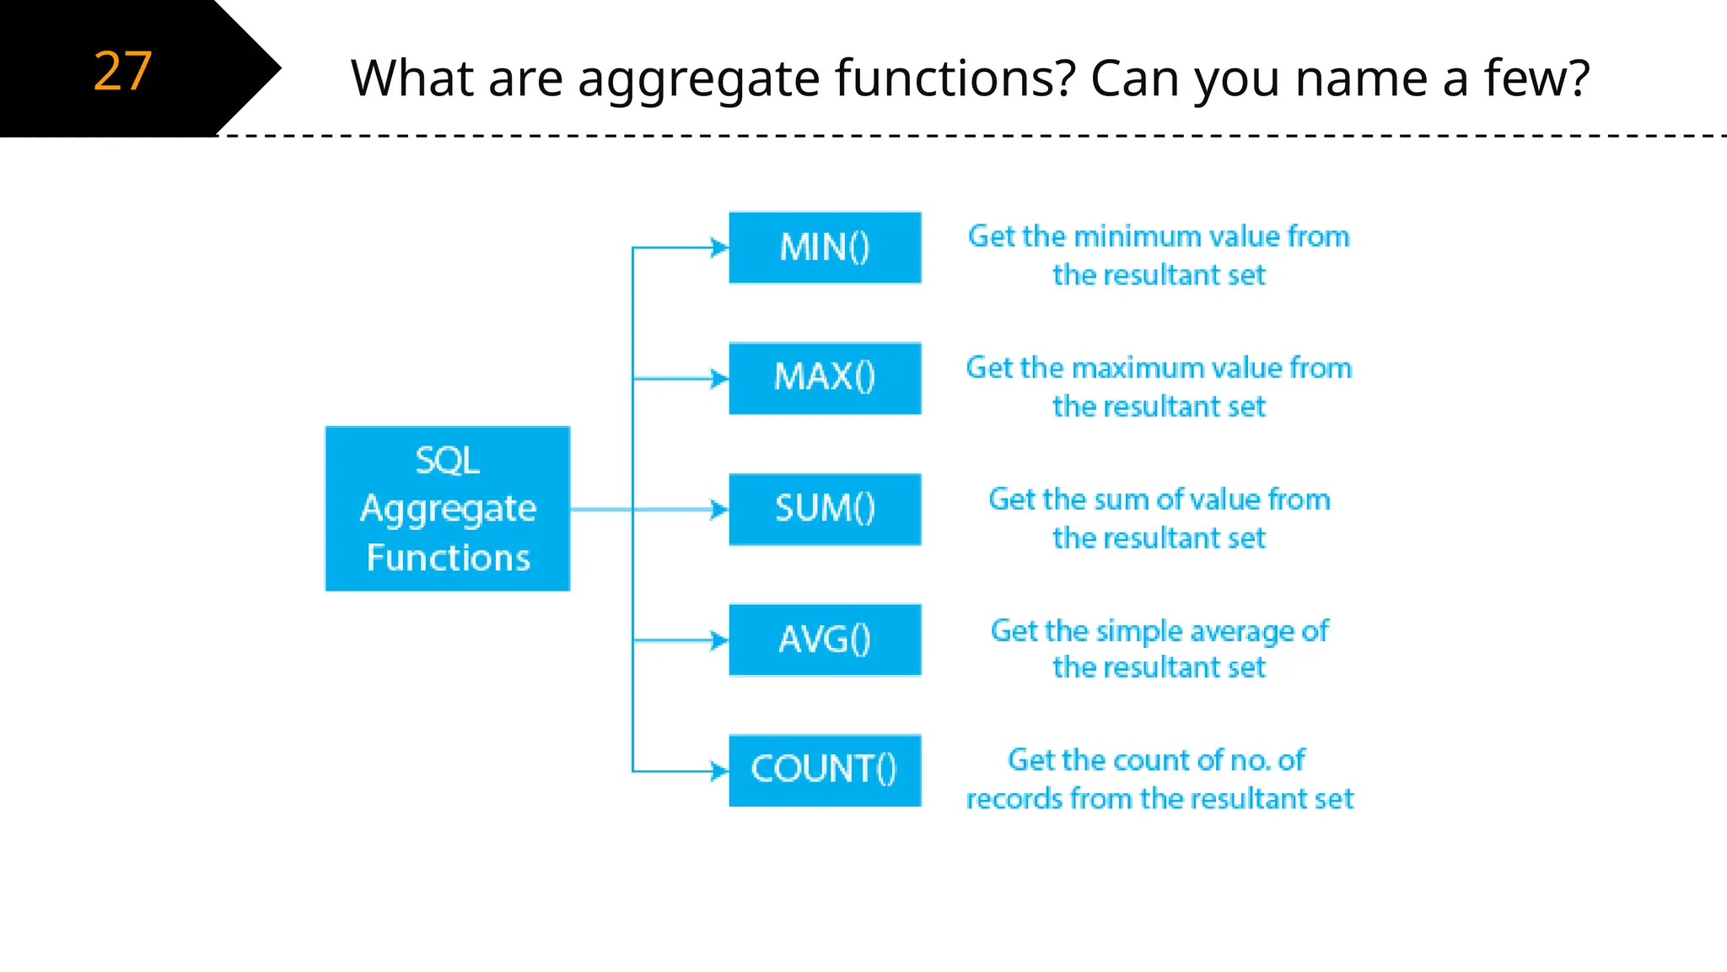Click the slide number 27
point(122,71)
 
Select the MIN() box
point(825,247)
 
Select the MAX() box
point(825,378)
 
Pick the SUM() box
point(825,509)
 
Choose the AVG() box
point(825,640)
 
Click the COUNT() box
point(825,770)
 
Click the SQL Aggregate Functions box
point(447,508)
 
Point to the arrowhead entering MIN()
point(719,247)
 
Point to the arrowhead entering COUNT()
point(719,770)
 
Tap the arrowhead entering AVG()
point(719,640)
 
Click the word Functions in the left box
point(448,558)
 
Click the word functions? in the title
point(955,78)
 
